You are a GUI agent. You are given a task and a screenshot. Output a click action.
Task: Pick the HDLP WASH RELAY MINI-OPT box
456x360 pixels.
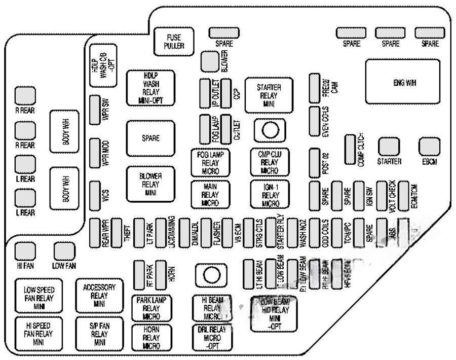[151, 87]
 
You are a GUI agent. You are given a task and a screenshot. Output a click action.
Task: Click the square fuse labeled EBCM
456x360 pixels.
[429, 148]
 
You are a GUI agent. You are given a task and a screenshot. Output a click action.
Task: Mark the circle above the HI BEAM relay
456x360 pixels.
[210, 275]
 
